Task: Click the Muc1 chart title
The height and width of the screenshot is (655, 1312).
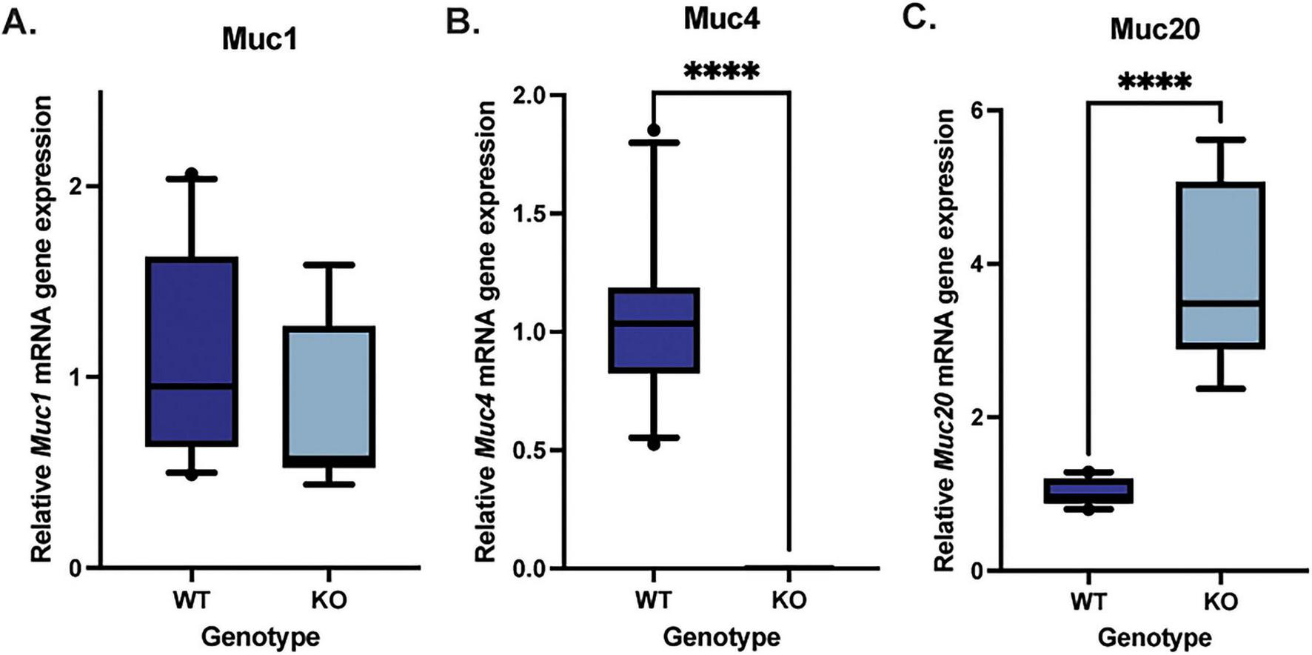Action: coord(259,39)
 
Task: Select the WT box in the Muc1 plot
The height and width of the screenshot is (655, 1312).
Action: coord(192,351)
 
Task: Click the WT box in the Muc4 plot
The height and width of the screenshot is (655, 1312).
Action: coord(654,330)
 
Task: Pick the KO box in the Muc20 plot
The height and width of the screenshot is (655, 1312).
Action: coord(1219,265)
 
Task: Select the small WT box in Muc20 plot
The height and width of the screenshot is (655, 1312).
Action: coord(1088,491)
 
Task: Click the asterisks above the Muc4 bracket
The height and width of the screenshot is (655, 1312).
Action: coord(721,72)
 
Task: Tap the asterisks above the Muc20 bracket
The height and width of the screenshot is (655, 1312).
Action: coord(1154,82)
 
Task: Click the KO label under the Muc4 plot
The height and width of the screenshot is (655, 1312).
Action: coord(789,599)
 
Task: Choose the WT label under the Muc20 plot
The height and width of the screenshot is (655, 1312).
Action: coord(1088,601)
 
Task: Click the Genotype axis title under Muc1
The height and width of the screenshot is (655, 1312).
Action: coord(260,636)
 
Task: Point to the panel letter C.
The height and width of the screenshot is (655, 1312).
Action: coord(919,16)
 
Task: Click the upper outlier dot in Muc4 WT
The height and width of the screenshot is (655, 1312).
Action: coord(654,130)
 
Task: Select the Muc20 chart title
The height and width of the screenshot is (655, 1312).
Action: coord(1154,30)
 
